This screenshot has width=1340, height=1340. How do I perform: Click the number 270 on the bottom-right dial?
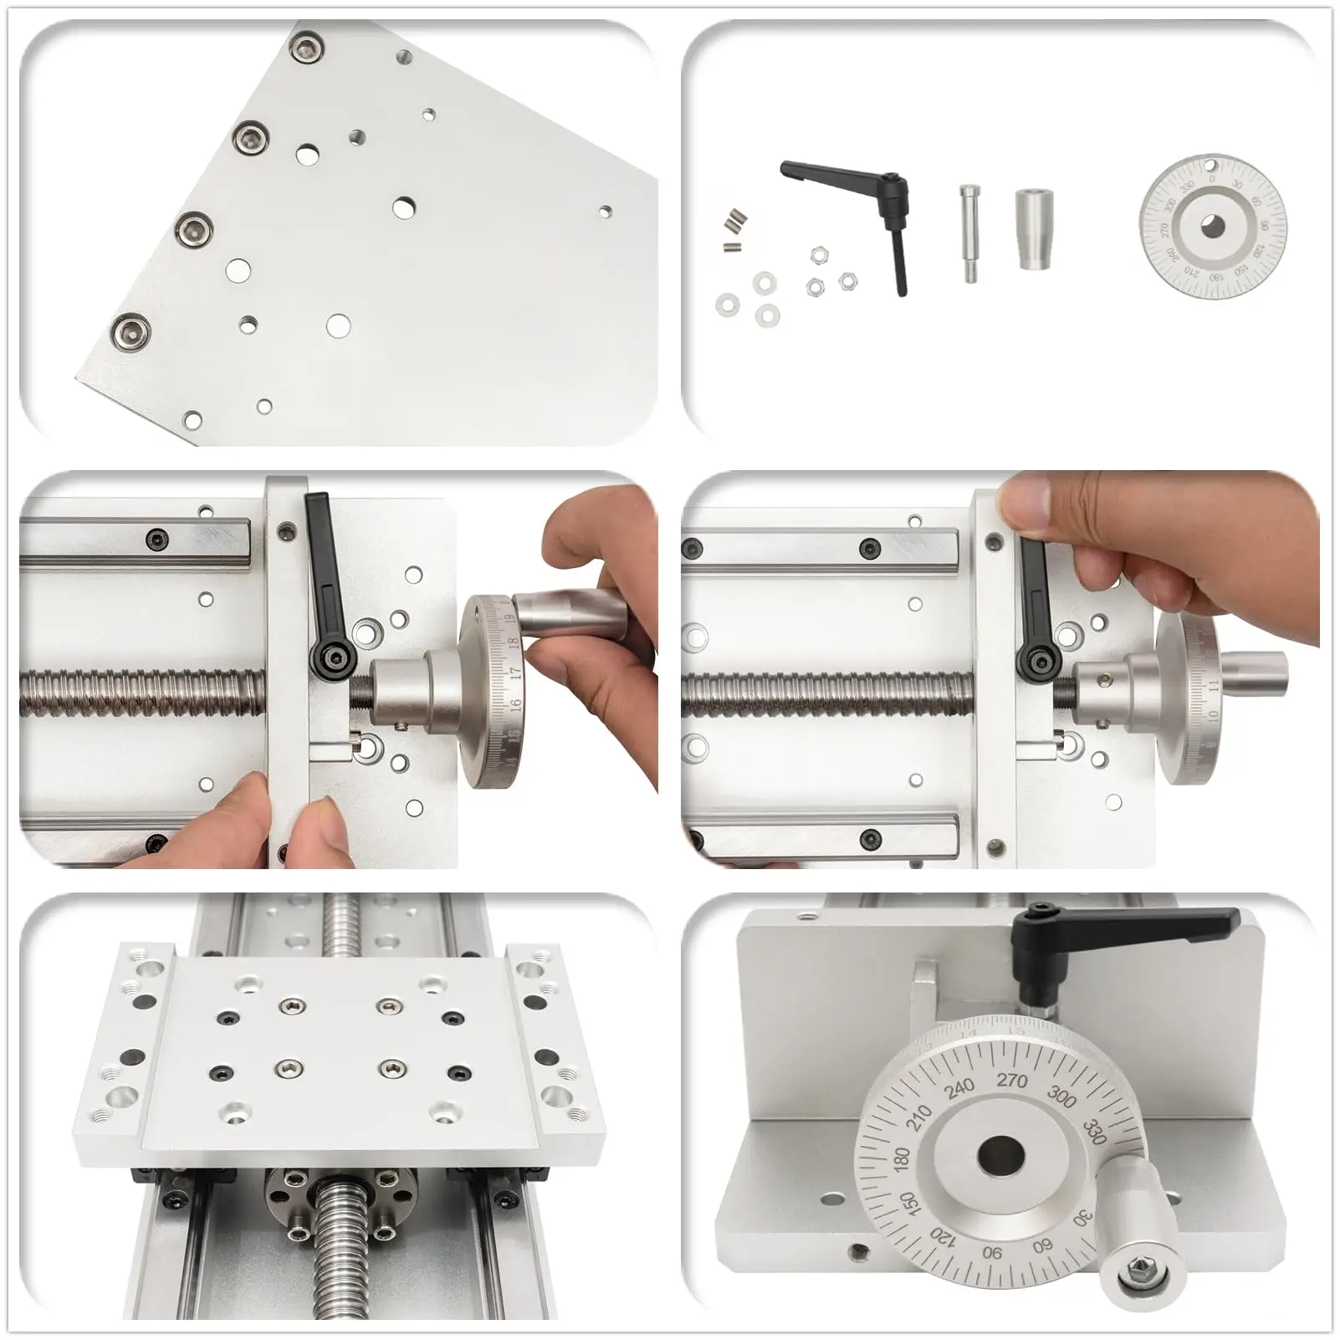[x=1011, y=1080]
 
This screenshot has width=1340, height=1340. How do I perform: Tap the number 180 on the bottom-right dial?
[x=901, y=1159]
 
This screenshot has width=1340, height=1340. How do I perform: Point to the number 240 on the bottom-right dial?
[x=959, y=1087]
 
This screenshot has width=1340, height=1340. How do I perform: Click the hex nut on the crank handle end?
[x=1140, y=1272]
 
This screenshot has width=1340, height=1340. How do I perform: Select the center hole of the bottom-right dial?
[x=1000, y=1158]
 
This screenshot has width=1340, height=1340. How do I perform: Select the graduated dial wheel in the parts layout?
[x=1212, y=226]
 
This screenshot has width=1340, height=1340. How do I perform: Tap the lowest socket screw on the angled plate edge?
[x=131, y=333]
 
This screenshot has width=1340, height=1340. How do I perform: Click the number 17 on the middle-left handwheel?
[x=515, y=671]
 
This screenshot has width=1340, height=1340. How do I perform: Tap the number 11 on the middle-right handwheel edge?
[x=1214, y=685]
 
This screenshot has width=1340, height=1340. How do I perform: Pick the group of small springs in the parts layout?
[x=734, y=228]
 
